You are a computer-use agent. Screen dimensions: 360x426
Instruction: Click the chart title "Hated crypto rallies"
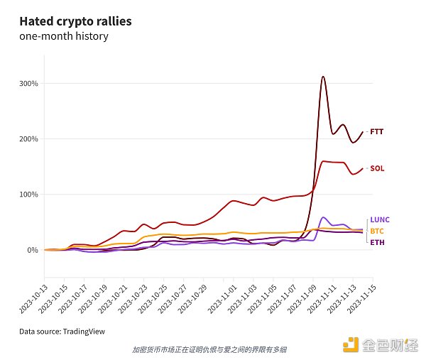[75, 21]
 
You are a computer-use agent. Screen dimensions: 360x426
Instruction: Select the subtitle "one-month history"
[64, 36]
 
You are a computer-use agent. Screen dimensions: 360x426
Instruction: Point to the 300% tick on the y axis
[28, 84]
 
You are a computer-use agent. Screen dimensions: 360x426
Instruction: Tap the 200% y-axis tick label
[28, 139]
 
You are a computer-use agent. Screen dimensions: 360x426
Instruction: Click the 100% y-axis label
[28, 195]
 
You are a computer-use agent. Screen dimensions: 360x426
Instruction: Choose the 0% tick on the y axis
[33, 250]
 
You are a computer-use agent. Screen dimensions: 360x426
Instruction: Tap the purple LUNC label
[380, 220]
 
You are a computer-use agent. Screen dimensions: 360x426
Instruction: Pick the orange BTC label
[378, 231]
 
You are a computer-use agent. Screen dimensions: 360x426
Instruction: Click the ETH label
[377, 243]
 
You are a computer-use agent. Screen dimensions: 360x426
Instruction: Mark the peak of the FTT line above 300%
[323, 77]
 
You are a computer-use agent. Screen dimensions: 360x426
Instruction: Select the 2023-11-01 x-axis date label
[220, 280]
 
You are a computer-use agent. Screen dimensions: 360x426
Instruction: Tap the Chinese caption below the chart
[209, 349]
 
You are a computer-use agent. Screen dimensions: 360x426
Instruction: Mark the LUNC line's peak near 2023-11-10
[324, 217]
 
